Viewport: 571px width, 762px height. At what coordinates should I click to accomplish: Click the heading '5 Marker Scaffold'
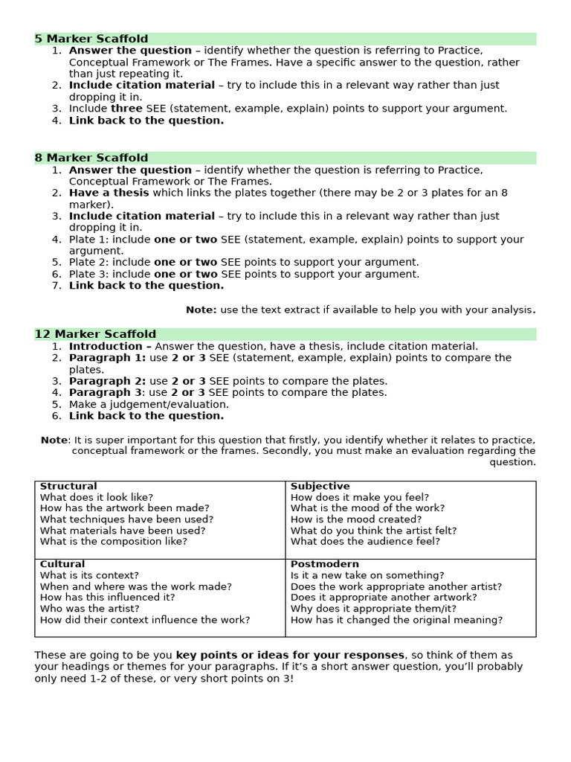[x=91, y=39]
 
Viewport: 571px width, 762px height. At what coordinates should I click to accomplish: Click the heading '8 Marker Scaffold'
[x=91, y=158]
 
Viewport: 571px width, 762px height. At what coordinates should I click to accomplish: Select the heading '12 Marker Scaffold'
[x=95, y=334]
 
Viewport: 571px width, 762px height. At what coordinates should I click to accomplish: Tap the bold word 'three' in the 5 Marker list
[x=126, y=109]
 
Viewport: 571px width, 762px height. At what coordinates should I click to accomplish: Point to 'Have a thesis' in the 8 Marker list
[x=109, y=193]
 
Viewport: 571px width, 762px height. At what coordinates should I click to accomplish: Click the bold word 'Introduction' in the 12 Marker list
[x=106, y=346]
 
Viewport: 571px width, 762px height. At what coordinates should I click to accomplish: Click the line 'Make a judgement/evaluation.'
[x=149, y=404]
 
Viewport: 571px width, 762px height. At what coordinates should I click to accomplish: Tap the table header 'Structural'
[x=68, y=487]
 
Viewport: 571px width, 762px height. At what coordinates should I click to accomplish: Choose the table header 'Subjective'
[x=320, y=487]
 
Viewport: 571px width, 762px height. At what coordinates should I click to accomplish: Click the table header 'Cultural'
[x=62, y=564]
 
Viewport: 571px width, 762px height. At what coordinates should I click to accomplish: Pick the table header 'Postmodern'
[x=324, y=564]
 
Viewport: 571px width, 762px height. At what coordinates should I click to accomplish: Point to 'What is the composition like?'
[x=114, y=542]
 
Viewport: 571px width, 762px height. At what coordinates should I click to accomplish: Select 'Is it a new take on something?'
[x=367, y=575]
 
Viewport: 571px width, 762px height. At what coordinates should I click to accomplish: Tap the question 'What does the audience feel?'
[x=365, y=542]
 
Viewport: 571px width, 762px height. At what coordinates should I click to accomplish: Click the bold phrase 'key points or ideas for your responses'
[x=290, y=655]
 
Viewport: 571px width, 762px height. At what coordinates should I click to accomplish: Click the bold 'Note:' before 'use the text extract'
[x=201, y=310]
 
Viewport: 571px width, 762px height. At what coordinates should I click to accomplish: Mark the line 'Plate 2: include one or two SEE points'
[x=244, y=262]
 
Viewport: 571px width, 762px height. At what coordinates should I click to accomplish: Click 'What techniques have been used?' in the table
[x=126, y=519]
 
